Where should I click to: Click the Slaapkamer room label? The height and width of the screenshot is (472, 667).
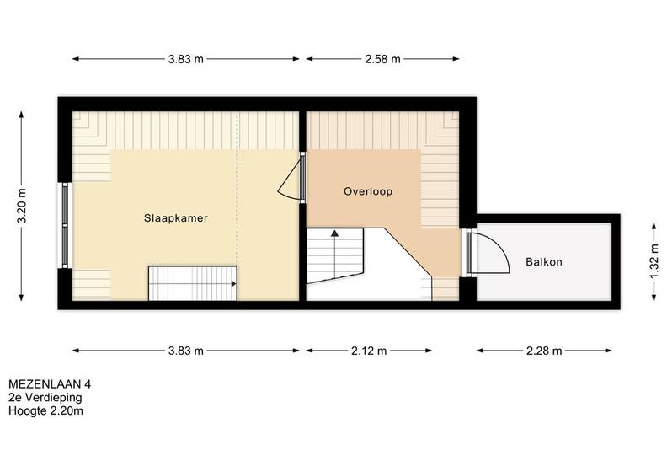(176, 218)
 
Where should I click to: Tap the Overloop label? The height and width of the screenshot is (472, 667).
(368, 191)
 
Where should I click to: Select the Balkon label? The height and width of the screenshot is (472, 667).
(544, 262)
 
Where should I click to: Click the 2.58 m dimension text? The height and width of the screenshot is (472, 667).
(382, 59)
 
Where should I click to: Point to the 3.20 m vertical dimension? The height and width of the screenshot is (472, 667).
(22, 206)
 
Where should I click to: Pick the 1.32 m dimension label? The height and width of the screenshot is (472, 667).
(654, 261)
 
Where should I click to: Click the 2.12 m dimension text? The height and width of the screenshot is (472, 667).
(369, 351)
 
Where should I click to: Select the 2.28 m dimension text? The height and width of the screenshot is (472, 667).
(544, 351)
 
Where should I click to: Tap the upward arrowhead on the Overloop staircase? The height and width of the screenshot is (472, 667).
(335, 233)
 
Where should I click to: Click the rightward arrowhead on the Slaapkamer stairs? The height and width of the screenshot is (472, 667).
(233, 283)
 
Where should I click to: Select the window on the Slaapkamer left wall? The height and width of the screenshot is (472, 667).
(65, 225)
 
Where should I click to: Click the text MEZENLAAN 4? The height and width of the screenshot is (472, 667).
(50, 384)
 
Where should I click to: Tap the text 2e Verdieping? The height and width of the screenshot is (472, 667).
(45, 398)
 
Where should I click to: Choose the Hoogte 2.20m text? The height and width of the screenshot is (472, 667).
(46, 411)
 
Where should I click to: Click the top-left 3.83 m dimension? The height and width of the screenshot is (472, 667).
(186, 59)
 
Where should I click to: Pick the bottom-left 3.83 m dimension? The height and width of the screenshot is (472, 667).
(186, 351)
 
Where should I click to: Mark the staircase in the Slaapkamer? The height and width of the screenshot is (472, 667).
(193, 283)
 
